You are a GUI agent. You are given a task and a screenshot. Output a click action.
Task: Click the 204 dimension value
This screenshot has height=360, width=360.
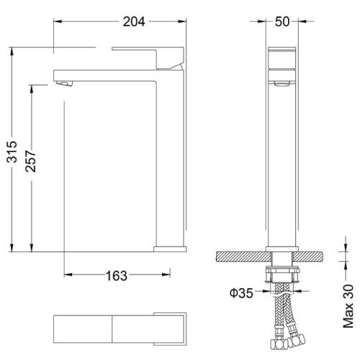point(133,22)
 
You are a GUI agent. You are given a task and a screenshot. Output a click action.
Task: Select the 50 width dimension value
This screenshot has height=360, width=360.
point(282,22)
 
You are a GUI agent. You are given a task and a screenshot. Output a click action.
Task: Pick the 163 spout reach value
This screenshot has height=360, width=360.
point(117,275)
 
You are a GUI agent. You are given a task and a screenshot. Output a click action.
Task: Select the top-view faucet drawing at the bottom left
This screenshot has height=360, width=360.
point(120,328)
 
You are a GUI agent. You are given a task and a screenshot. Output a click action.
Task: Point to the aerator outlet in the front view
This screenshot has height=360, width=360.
point(282,85)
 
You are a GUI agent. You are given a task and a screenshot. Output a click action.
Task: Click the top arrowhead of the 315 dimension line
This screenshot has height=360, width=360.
point(13,51)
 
